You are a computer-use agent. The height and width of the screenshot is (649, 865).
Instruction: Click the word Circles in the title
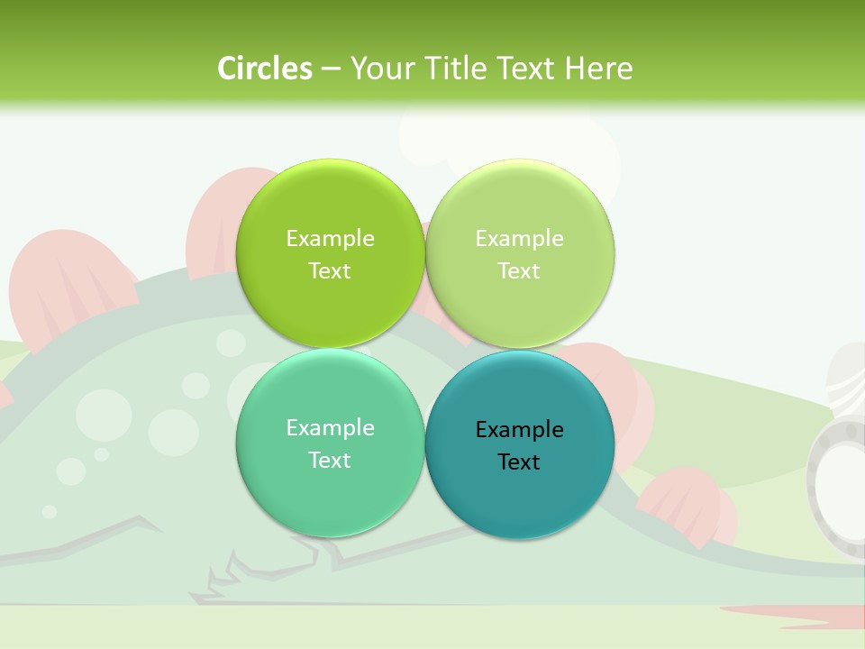264,69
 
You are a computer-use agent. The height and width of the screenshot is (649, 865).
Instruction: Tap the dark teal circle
520,496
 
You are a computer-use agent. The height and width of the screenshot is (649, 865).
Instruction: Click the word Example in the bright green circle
330,238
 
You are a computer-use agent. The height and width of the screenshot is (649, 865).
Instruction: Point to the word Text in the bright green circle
330,270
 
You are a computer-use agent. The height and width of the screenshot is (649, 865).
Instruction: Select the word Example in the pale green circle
519,238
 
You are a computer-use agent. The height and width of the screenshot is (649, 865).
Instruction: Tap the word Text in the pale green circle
519,270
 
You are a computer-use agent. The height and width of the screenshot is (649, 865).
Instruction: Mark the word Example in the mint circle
330,427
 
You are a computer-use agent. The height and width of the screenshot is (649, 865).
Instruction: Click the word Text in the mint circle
330,460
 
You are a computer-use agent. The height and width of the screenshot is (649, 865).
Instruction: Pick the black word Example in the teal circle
519,429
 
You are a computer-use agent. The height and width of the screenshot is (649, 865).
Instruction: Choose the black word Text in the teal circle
519,462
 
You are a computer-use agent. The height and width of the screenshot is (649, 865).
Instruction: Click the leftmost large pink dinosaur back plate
68,284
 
